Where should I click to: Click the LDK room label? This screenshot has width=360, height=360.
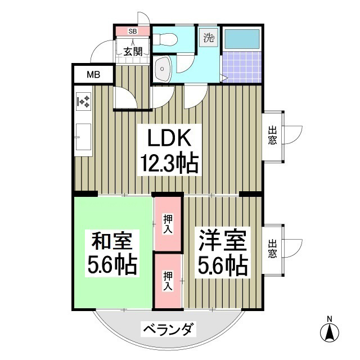click(x=167, y=138)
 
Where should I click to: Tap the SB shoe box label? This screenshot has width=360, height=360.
click(x=132, y=31)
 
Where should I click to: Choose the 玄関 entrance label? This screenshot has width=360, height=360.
click(x=132, y=52)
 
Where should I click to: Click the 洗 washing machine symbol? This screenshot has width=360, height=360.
click(x=209, y=38)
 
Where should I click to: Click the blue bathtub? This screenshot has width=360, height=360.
click(x=242, y=39)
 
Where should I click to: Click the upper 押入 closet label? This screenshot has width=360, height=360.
click(x=168, y=223)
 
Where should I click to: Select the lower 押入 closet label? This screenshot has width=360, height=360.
click(x=168, y=280)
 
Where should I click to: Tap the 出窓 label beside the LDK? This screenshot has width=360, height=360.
click(x=272, y=136)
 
